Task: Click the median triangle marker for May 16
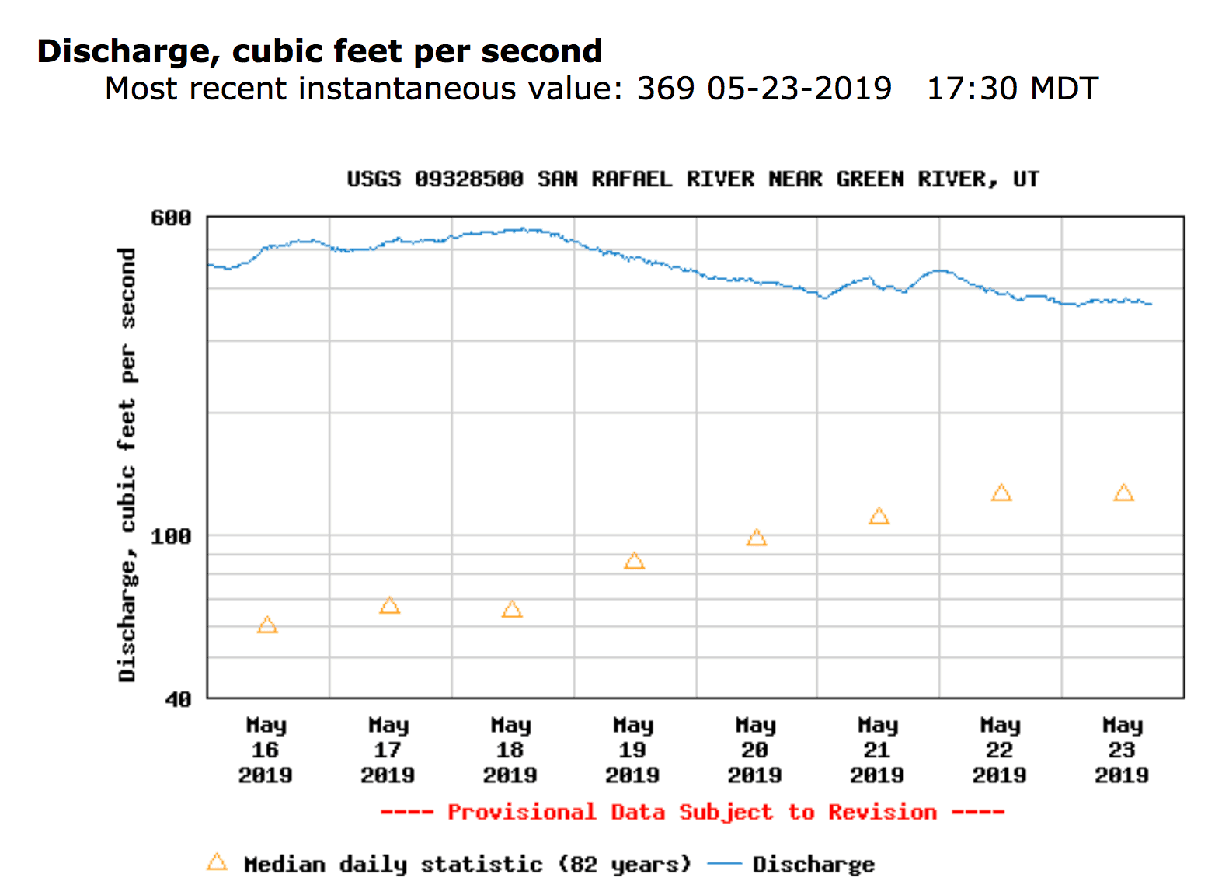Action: pos(267,625)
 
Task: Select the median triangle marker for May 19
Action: pos(634,561)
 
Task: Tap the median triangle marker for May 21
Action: pos(879,517)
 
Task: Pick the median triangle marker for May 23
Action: pos(1123,493)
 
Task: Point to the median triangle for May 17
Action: pos(389,606)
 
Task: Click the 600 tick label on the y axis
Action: pos(171,218)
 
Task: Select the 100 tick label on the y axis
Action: pos(171,536)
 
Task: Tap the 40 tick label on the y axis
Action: pos(178,699)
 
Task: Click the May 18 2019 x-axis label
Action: pos(510,750)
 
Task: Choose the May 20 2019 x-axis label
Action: pos(755,750)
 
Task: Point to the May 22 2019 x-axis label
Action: pos(1000,750)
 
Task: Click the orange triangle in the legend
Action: pos(217,862)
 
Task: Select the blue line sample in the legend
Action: pos(725,864)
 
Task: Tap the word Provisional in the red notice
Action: pos(521,812)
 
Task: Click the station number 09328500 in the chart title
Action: pos(468,179)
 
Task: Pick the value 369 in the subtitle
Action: pos(665,89)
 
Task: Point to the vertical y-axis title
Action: pos(127,465)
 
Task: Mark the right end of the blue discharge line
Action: pos(1151,304)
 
